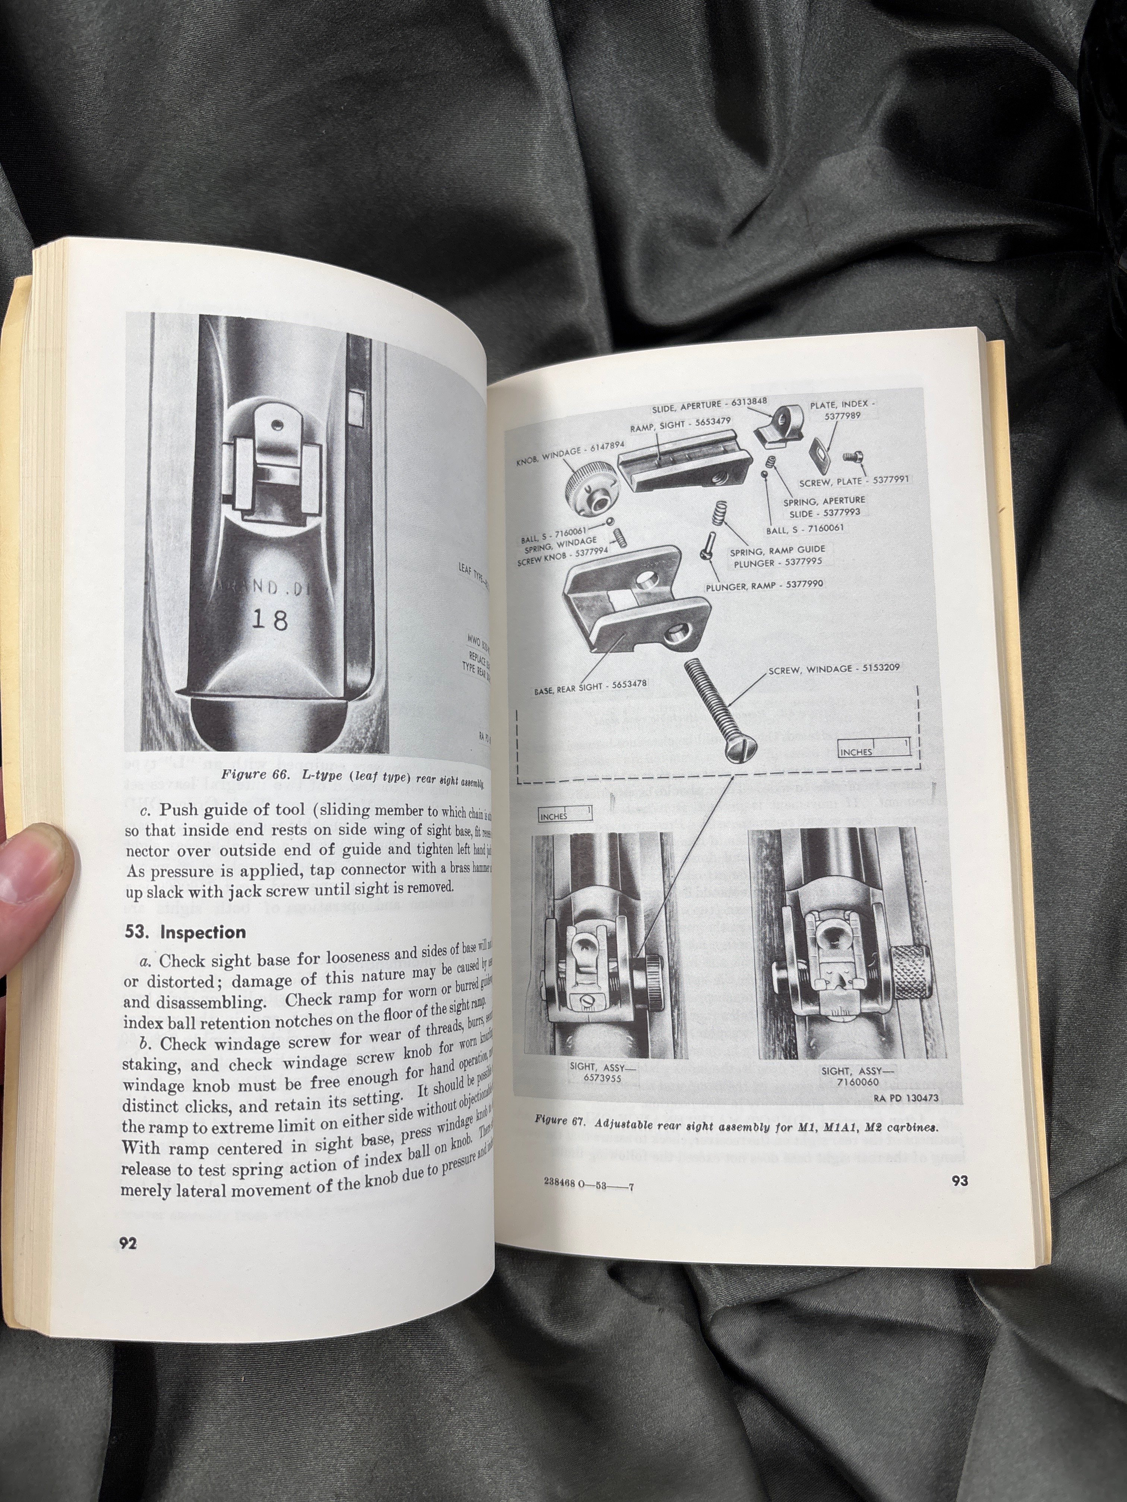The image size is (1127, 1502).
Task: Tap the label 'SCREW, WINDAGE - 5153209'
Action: pos(834,668)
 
